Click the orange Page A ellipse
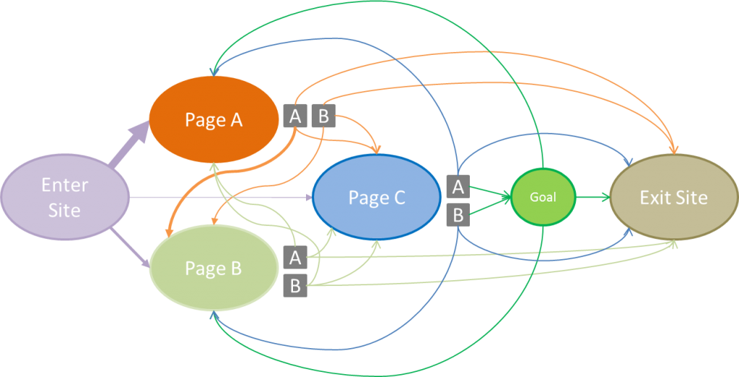[x=214, y=120]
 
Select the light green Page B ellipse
[x=214, y=269]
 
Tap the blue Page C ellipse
[x=376, y=198]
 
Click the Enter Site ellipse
[x=64, y=197]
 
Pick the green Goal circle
[x=543, y=196]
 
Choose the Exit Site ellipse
[x=673, y=198]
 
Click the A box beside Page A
[x=295, y=116]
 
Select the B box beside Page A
[x=323, y=116]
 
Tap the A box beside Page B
[x=294, y=256]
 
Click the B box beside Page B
[x=294, y=285]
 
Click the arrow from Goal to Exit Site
[x=593, y=196]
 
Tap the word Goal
[x=543, y=196]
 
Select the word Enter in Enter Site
[x=64, y=185]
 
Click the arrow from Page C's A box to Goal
[x=491, y=191]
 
